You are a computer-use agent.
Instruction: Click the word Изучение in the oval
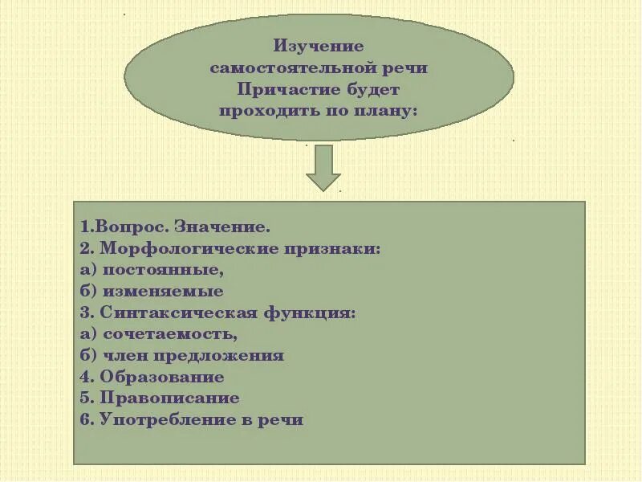click(319, 47)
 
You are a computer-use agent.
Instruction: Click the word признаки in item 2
click(337, 249)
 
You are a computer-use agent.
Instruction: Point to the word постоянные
click(160, 271)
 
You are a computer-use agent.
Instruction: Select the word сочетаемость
click(169, 334)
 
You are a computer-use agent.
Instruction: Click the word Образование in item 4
click(162, 377)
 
